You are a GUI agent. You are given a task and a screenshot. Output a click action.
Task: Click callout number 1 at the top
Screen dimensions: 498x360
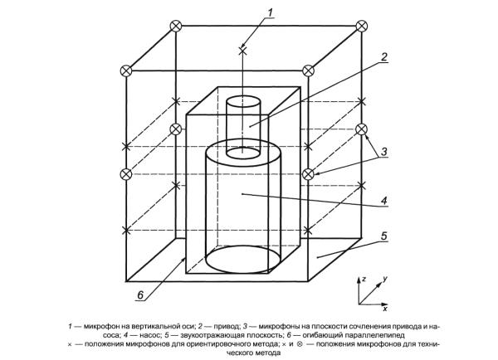(270, 13)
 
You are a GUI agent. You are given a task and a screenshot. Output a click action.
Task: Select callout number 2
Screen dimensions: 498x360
(384, 57)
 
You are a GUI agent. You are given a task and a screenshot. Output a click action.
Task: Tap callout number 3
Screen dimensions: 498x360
(384, 152)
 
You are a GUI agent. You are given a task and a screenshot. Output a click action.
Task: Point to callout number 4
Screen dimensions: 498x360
(384, 201)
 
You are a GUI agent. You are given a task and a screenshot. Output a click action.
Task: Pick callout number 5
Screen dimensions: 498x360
(384, 236)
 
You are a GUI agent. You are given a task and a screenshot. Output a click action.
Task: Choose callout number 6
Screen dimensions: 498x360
(140, 295)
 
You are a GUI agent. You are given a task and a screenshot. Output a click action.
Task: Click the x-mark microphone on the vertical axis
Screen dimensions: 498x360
(242, 50)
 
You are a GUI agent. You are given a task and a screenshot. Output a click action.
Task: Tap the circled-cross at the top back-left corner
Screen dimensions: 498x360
(176, 26)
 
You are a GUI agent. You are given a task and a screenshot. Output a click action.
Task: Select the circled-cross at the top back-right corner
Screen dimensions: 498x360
(361, 26)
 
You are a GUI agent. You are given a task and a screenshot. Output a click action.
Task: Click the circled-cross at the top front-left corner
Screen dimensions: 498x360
(126, 71)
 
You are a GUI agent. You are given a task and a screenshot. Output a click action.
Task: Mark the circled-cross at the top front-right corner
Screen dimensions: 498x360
(308, 71)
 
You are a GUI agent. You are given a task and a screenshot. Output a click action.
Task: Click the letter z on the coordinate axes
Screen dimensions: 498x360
(364, 279)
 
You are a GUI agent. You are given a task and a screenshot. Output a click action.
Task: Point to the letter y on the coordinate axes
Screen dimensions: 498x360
(385, 279)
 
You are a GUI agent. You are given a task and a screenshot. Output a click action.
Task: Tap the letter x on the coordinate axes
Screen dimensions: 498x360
(385, 309)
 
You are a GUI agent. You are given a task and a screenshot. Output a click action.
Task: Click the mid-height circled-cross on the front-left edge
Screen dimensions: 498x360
(126, 174)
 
